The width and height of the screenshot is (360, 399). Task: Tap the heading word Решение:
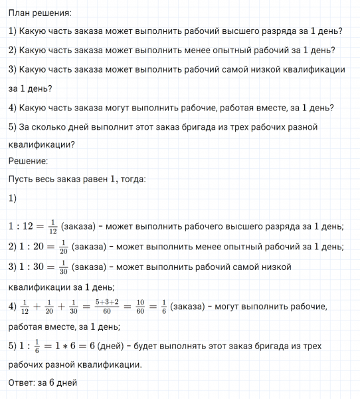click(28, 161)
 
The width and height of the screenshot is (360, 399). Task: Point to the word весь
click(53, 180)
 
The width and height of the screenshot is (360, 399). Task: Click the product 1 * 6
click(68, 346)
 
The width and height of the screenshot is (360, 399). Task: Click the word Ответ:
click(23, 383)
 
